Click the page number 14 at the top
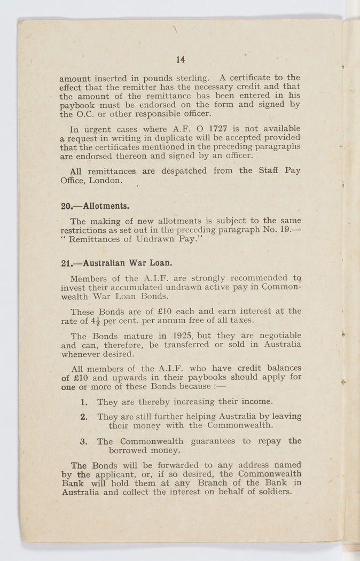click(x=181, y=60)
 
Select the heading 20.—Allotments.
click(x=95, y=206)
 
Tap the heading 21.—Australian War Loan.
click(x=116, y=263)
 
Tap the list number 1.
click(x=84, y=401)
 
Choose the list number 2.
click(x=84, y=416)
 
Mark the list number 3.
click(x=84, y=441)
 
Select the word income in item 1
click(x=256, y=401)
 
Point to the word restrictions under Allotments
click(x=84, y=230)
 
